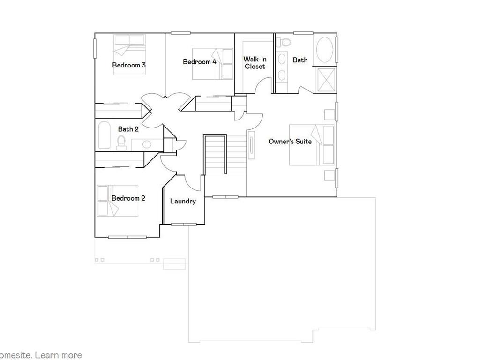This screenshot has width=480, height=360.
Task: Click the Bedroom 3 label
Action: (128, 65)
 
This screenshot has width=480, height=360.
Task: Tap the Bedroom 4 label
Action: (199, 62)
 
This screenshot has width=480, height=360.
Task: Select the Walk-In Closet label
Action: (255, 63)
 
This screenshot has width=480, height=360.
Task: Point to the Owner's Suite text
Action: (290, 141)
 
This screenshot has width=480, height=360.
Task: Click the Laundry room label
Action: (183, 201)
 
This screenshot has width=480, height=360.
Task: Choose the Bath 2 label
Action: (128, 129)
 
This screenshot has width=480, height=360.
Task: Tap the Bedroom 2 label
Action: (128, 198)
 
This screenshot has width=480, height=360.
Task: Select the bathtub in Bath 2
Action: (104, 135)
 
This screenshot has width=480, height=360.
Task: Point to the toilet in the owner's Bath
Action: (284, 43)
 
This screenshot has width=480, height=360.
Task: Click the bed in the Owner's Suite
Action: (312, 145)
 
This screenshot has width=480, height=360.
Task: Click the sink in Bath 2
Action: (147, 144)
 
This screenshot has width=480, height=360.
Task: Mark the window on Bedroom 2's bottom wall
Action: (127, 237)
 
